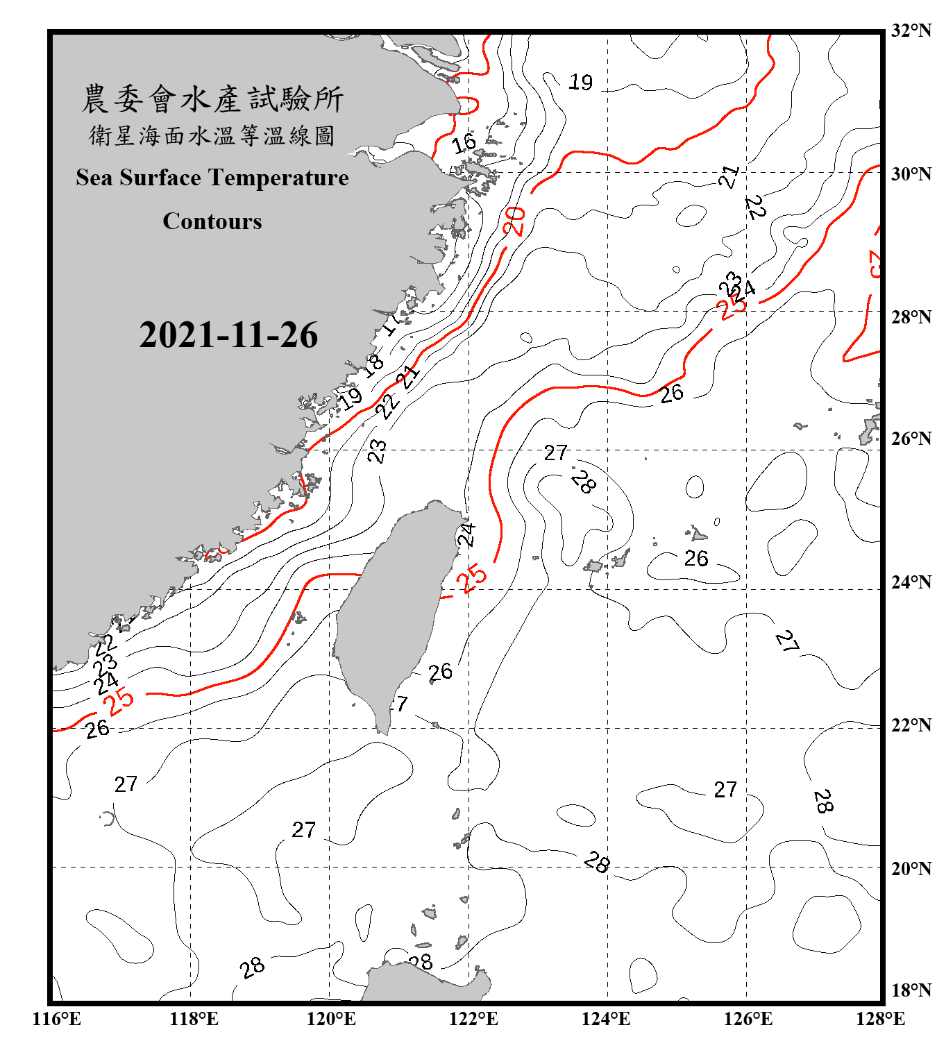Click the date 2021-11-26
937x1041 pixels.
click(228, 335)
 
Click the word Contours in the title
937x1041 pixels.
click(212, 221)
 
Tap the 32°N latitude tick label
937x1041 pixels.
click(911, 31)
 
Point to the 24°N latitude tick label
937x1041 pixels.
click(911, 582)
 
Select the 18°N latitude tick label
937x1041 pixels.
click(911, 990)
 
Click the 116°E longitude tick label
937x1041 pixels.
click(57, 1019)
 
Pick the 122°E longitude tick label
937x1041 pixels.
click(473, 1019)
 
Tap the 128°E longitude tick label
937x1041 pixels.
click(880, 1019)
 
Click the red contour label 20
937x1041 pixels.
click(514, 221)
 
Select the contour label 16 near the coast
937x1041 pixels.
click(464, 144)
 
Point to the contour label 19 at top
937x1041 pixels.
click(581, 83)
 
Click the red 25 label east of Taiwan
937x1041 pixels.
click(473, 579)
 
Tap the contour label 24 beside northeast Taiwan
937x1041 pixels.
click(466, 535)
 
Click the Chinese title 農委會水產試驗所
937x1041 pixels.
click(212, 99)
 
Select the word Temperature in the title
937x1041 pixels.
click(278, 178)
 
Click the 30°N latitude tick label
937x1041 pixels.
click(911, 174)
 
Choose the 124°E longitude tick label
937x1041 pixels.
click(606, 1019)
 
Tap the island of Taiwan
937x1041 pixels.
click(392, 611)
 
